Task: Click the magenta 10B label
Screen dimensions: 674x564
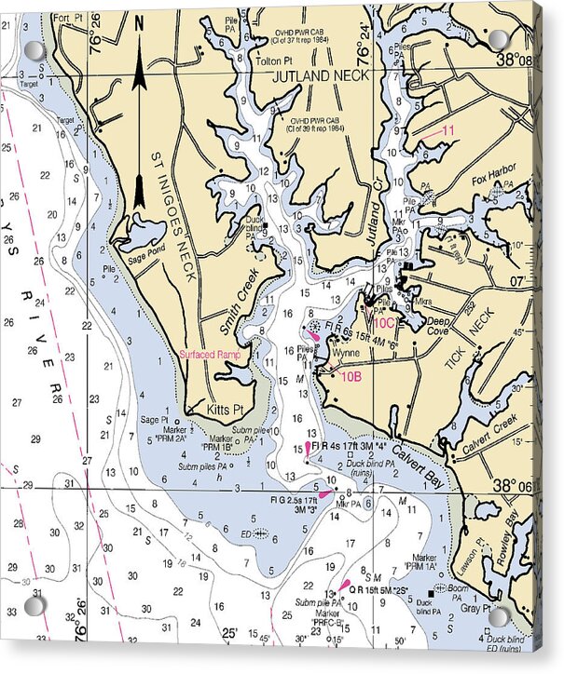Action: point(350,376)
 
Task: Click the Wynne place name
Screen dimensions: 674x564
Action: point(345,354)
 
